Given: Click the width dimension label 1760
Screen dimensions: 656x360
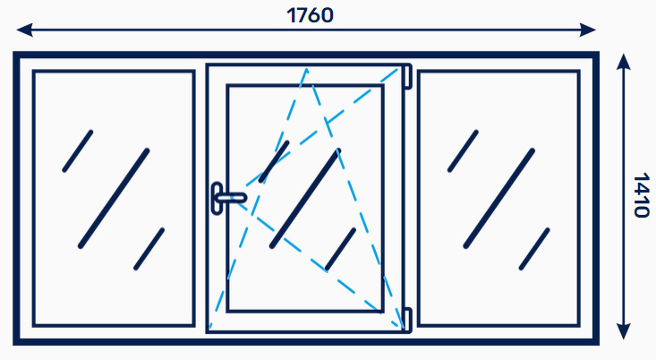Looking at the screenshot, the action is coord(310,15).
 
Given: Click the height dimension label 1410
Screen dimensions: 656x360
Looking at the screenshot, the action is coord(641,195).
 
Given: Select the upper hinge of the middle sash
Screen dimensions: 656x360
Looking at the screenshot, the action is coord(407,76).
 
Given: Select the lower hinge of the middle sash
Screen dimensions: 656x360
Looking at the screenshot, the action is coord(407,321).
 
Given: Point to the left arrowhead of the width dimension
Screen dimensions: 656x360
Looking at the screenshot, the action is coord(24,30).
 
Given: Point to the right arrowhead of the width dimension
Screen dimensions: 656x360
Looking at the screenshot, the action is coord(587,30).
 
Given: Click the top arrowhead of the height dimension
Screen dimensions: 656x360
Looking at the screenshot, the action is coord(624,61).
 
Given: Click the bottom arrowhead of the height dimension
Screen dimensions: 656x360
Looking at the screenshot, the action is coord(624,331).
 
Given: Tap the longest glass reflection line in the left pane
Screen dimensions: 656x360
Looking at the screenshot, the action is coord(114,199).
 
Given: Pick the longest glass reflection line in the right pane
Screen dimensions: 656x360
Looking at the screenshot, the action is coord(499,199).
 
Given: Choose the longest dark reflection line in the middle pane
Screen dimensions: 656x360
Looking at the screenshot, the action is coord(306,199).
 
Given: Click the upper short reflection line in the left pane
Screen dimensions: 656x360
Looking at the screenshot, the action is coord(78,151).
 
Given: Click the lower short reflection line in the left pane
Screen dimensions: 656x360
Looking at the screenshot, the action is coord(149,249).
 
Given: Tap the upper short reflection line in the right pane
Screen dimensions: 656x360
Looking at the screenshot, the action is coord(463,151).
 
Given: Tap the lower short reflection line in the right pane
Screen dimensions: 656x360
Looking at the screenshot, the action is coord(534,249).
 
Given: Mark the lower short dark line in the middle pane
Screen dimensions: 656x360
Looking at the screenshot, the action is coord(341,249).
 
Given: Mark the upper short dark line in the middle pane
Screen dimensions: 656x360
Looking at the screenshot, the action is coord(274,161).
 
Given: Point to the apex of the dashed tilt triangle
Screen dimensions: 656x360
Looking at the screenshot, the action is coord(307,69).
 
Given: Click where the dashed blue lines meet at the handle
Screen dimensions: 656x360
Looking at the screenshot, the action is coord(233,198).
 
